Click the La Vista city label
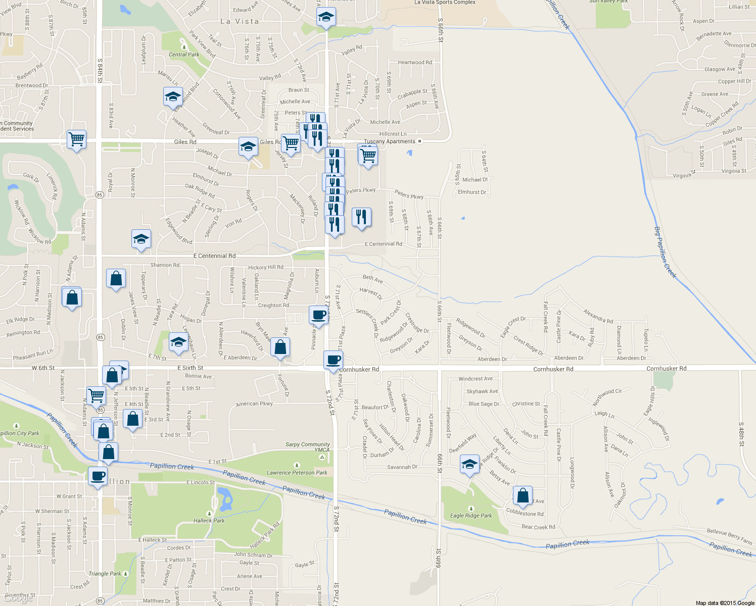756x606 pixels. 240,22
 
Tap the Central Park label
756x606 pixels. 184,55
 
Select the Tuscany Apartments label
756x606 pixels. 390,141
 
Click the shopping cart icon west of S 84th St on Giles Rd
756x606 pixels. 76,139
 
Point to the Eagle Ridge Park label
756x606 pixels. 471,516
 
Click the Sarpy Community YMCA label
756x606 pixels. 308,447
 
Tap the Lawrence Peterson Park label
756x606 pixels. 297,473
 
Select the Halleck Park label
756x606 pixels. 209,520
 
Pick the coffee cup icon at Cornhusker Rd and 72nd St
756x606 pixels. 333,360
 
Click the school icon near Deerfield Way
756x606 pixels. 469,464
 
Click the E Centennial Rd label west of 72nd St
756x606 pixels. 214,256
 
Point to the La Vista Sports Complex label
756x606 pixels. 445,3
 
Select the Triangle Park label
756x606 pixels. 105,574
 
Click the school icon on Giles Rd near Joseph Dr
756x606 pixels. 248,147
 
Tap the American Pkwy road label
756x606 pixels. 254,403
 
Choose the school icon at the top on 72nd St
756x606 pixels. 326,18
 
